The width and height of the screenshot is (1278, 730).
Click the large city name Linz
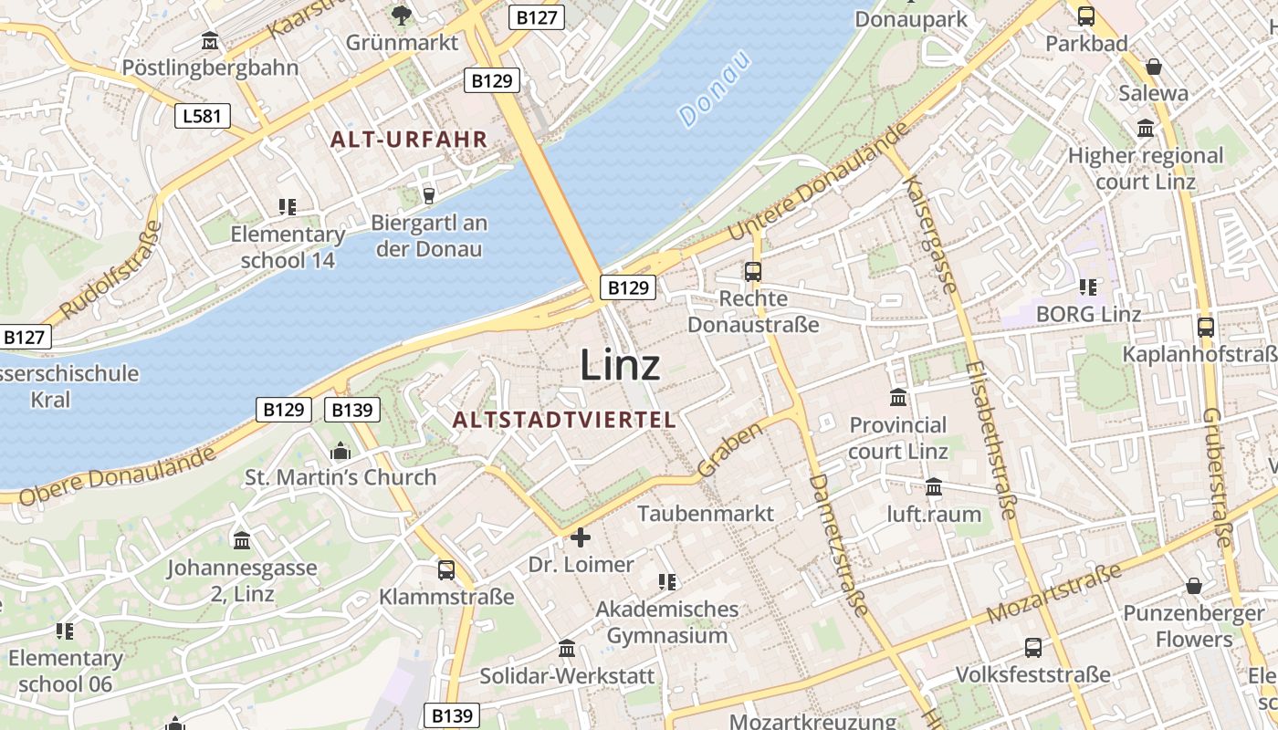tap(620, 365)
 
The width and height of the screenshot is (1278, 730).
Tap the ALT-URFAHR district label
tap(409, 140)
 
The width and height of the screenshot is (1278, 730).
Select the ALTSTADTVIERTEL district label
tap(564, 420)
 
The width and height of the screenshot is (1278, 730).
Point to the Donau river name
tap(715, 88)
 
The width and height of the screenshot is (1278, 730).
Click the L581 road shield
tap(202, 116)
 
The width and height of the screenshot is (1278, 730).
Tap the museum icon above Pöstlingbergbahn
tap(210, 41)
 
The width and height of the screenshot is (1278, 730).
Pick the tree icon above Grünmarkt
tap(401, 15)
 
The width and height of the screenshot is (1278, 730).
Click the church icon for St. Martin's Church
tap(340, 451)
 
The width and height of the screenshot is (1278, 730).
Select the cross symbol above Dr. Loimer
tap(581, 537)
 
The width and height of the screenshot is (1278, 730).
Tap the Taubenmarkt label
tap(706, 514)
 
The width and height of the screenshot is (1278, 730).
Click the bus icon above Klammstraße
tap(446, 570)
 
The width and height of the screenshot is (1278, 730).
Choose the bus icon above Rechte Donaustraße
tap(753, 271)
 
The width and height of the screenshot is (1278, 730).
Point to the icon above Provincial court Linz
tap(898, 398)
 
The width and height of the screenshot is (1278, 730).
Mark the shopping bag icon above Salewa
tap(1154, 67)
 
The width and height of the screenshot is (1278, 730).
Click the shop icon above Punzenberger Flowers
tap(1193, 586)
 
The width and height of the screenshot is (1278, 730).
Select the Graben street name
tap(729, 450)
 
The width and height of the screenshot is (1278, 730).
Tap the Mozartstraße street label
tap(1054, 594)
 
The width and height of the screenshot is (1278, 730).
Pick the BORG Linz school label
tap(1088, 315)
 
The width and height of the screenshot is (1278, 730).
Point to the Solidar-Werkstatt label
tap(568, 676)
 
